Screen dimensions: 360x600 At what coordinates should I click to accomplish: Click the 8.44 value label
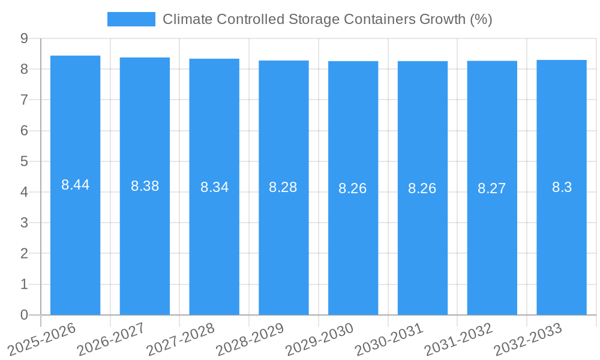point(75,185)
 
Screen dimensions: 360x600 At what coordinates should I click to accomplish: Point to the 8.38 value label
point(145,186)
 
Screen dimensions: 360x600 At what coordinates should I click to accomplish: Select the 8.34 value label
point(214,187)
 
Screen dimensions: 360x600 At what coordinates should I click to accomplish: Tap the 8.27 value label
point(492,188)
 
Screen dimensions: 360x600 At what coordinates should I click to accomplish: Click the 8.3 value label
point(562,187)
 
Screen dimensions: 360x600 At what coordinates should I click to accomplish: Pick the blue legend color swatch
point(131,19)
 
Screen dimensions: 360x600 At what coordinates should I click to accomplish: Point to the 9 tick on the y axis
point(24,38)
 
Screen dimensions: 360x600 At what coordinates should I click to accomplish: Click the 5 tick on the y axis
point(24,161)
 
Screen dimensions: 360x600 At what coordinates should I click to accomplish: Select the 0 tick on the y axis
point(24,315)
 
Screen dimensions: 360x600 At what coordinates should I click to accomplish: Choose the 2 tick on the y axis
point(24,254)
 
